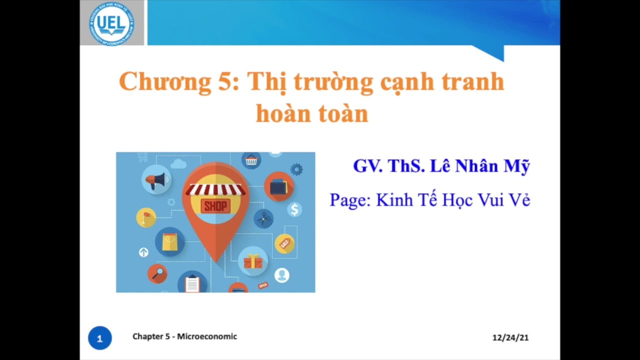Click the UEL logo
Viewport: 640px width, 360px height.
111,22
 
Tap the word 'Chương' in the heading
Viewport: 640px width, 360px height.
165,82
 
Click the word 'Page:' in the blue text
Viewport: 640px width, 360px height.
350,200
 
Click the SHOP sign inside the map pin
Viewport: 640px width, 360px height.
215,205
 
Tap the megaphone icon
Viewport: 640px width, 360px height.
155,178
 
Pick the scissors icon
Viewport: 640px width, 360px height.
263,218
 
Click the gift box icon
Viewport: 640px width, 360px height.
253,261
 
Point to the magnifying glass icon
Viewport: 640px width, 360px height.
157,273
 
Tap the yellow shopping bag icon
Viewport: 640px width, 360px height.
170,242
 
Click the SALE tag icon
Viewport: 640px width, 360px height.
285,243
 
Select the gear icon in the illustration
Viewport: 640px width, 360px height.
296,169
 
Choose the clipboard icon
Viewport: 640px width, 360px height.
192,282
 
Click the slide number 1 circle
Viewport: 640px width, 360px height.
99,338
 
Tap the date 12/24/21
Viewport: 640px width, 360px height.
510,337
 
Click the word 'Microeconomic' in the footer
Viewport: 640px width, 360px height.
207,336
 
